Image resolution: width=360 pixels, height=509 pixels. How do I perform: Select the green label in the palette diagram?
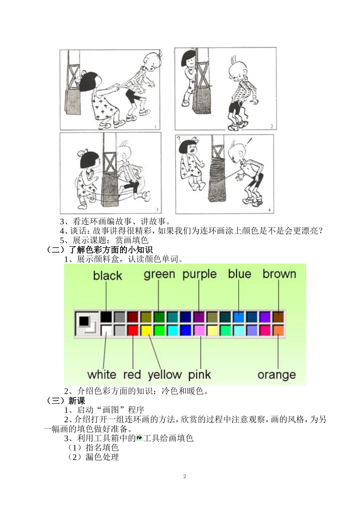(x=159, y=275)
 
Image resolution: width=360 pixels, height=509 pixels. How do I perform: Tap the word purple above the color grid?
(x=199, y=275)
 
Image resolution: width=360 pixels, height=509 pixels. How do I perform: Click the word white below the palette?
(x=102, y=375)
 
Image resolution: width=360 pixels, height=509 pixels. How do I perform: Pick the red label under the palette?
(x=132, y=375)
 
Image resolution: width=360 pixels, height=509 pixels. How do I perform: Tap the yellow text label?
(x=164, y=375)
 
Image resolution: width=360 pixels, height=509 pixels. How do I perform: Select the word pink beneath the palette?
(x=199, y=375)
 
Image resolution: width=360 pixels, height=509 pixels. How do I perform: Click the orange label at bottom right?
(x=277, y=375)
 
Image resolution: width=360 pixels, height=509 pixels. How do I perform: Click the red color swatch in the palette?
(x=133, y=330)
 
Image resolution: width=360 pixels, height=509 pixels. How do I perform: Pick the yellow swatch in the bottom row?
(x=146, y=330)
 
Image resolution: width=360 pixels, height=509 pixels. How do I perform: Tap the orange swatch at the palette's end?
(x=278, y=330)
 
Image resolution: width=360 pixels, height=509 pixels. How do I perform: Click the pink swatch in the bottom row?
(x=199, y=330)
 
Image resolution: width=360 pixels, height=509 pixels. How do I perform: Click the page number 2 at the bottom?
(x=185, y=476)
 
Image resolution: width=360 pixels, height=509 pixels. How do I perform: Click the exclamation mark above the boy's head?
(x=249, y=143)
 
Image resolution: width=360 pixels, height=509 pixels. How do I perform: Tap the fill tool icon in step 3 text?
(x=139, y=438)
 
